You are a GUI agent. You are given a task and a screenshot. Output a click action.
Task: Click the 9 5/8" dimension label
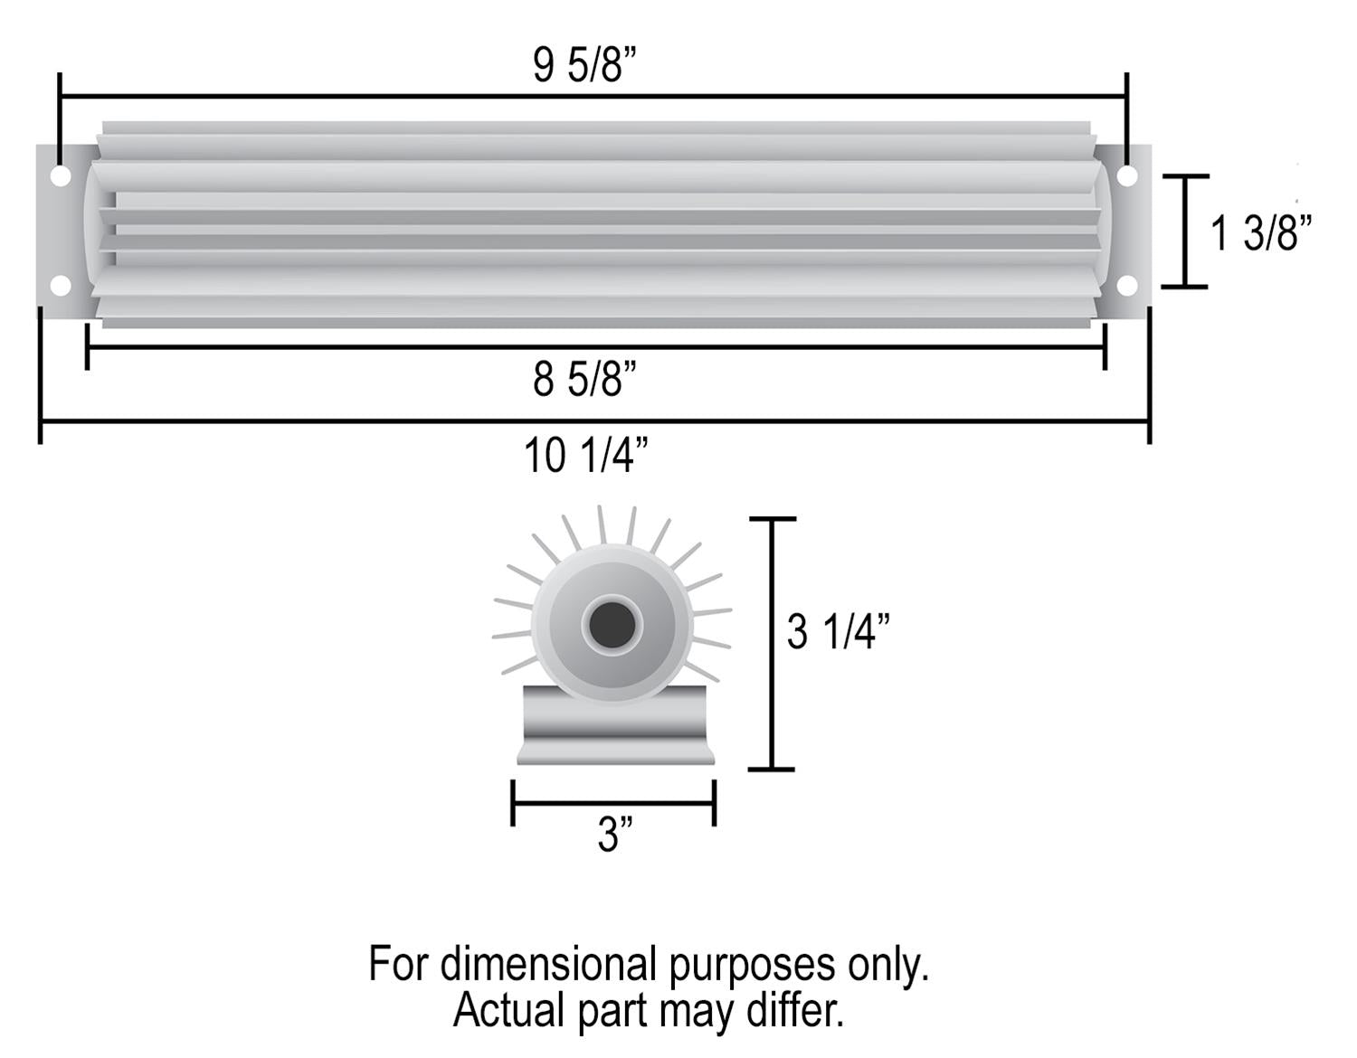pos(585,66)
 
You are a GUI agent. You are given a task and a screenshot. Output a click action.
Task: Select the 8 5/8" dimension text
pos(585,379)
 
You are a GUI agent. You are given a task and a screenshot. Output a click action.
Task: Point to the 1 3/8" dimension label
pos(1260,233)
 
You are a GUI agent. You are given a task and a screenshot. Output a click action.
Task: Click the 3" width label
pos(614,835)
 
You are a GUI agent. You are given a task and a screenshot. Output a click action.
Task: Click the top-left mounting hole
pos(60,175)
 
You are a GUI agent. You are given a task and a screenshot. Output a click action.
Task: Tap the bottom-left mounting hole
pos(60,286)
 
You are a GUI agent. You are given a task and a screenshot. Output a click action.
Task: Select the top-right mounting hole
pos(1127,175)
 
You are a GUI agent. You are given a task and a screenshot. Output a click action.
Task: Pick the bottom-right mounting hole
pos(1127,286)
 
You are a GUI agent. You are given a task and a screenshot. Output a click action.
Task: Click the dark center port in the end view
pos(612,623)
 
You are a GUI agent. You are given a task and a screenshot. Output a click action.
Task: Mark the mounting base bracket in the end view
pos(615,725)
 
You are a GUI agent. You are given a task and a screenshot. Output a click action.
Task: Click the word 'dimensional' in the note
pos(549,965)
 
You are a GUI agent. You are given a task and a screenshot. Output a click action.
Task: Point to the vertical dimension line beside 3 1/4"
pos(772,644)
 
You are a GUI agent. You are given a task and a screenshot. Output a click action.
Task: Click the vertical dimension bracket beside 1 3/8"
pos(1184,231)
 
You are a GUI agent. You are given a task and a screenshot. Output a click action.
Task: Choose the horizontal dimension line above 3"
pos(613,801)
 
